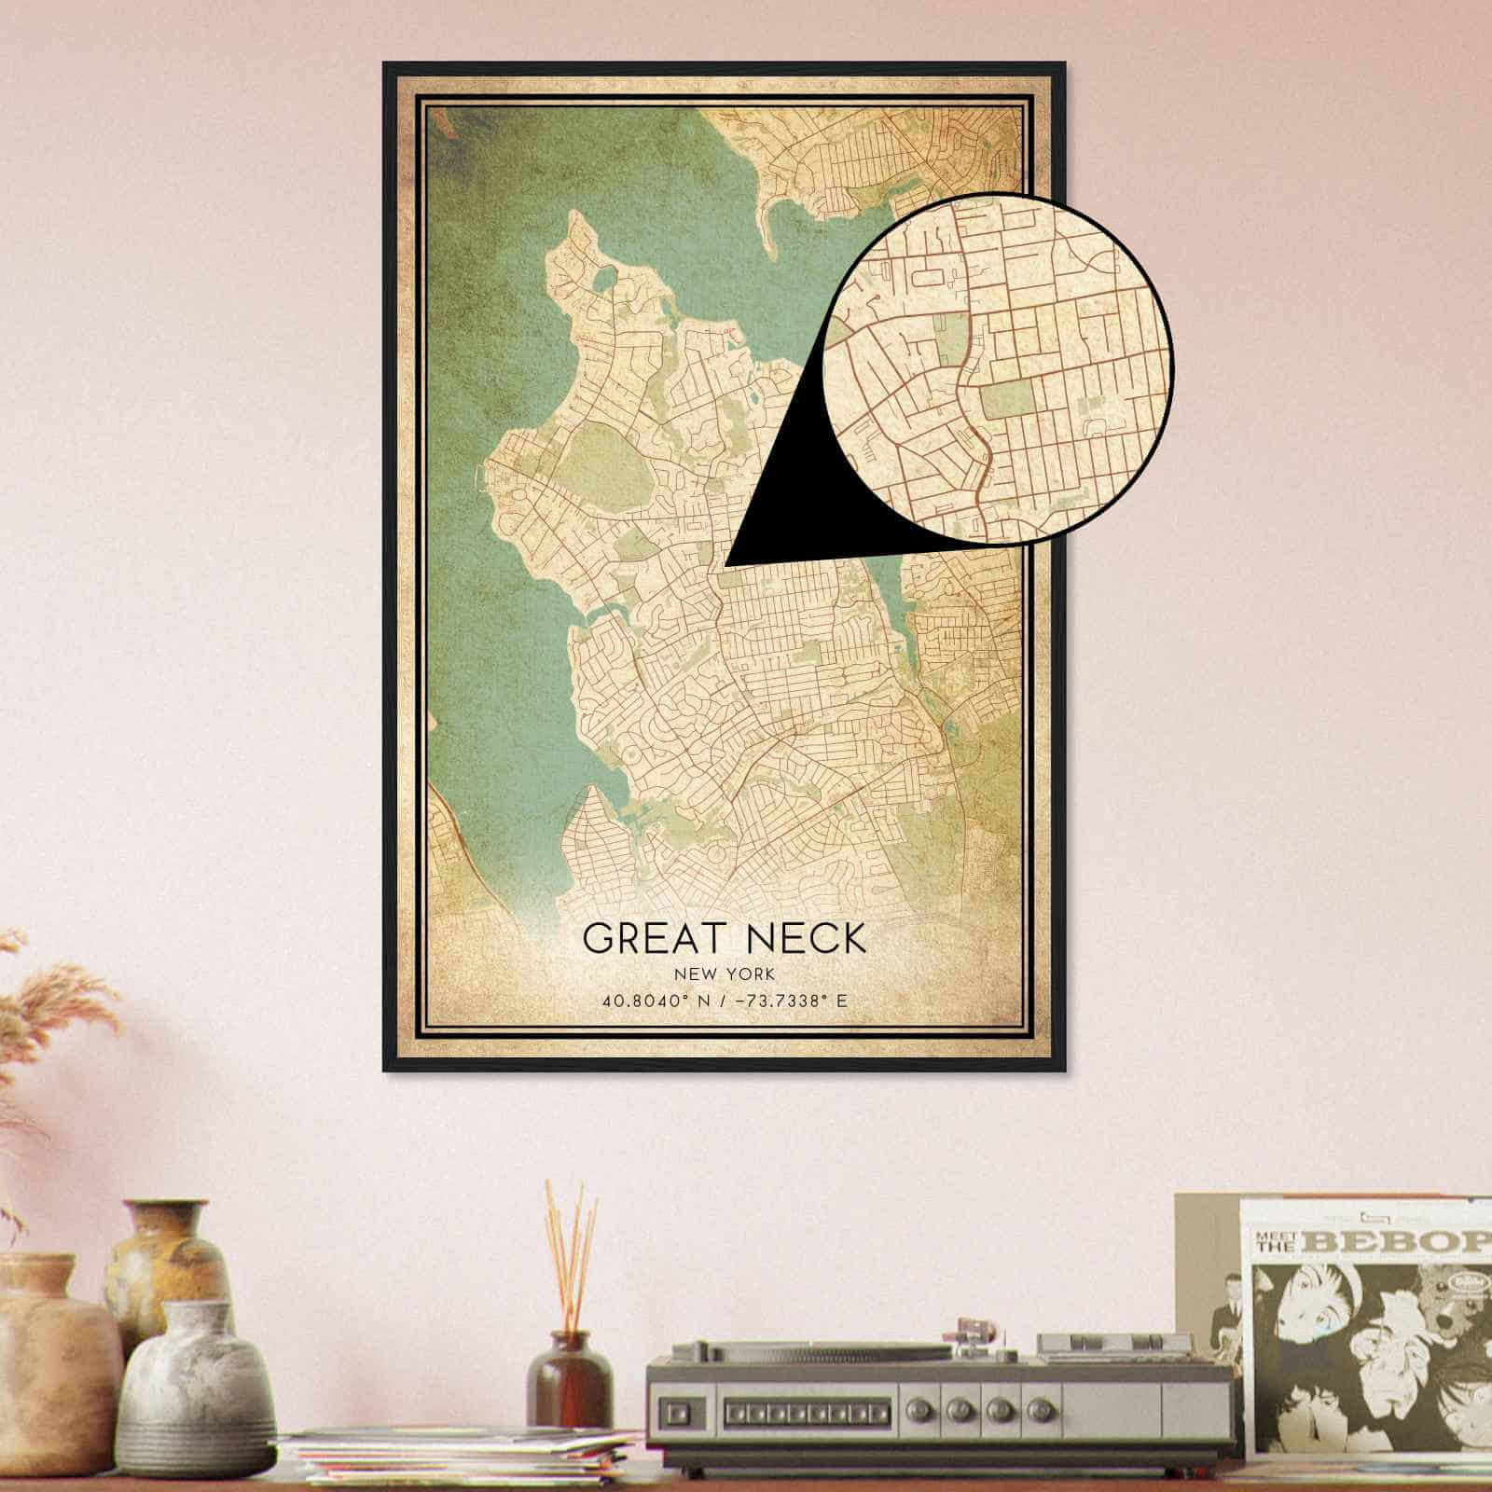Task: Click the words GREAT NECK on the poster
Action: pyautogui.click(x=725, y=937)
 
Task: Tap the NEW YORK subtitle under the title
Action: pyautogui.click(x=725, y=974)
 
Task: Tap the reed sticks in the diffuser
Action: pyautogui.click(x=571, y=1250)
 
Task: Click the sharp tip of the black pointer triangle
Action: pyautogui.click(x=726, y=564)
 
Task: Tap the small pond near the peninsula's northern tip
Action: pyautogui.click(x=603, y=278)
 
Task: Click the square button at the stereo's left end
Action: pyautogui.click(x=677, y=1410)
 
